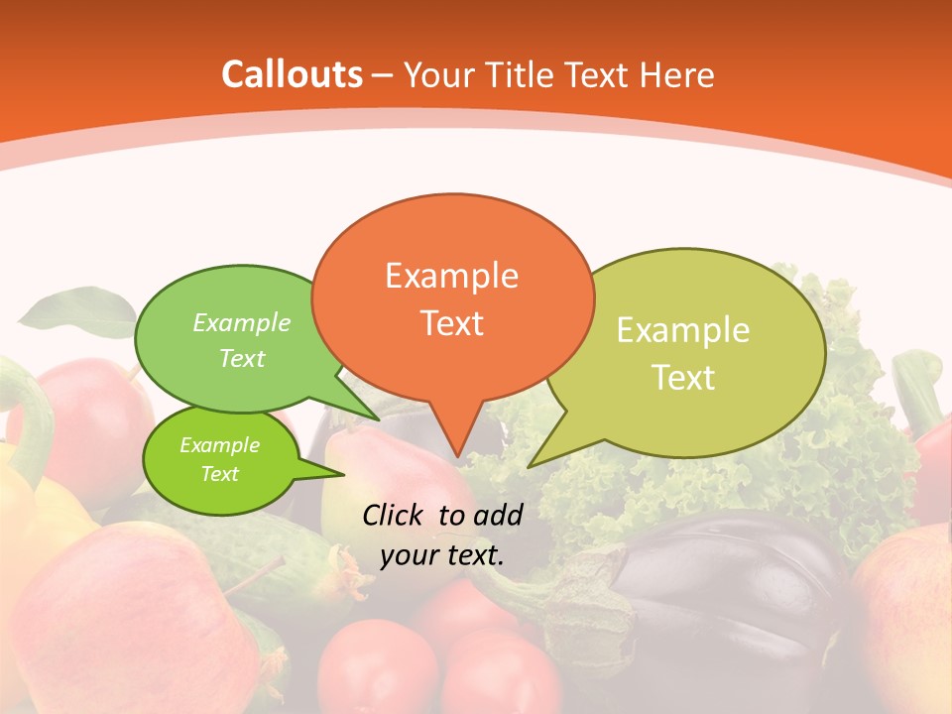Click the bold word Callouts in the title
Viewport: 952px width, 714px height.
pos(292,74)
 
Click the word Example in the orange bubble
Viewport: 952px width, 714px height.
pos(451,275)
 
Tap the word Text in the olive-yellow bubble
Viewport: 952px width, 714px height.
pos(683,378)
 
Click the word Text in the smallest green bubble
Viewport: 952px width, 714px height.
pos(219,474)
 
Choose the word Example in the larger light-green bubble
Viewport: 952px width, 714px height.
pos(242,323)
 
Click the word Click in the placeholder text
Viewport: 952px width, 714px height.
pos(397,514)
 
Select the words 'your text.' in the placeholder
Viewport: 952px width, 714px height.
pos(442,555)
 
